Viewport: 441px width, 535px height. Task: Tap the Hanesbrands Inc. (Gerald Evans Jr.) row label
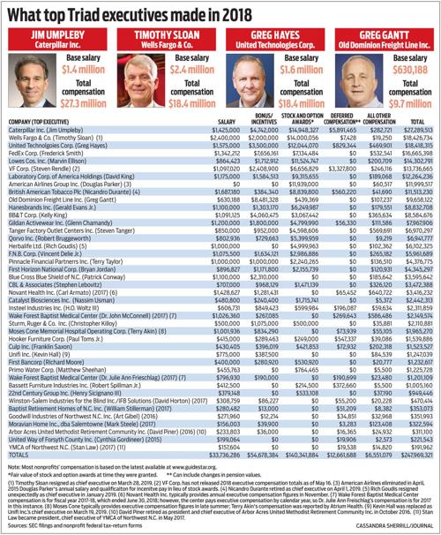[x=49, y=216]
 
